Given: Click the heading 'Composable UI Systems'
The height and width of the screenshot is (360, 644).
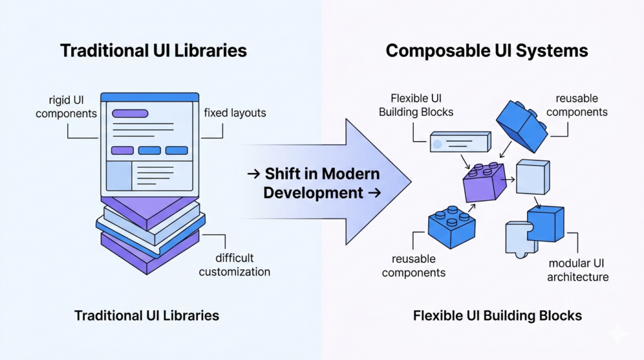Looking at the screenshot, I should click(x=487, y=50).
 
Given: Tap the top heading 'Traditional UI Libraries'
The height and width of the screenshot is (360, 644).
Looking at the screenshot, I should click(x=153, y=50).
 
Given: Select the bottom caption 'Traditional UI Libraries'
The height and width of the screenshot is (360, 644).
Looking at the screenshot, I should click(x=147, y=315).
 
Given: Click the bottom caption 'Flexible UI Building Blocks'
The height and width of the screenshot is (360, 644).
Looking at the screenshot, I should click(x=497, y=315).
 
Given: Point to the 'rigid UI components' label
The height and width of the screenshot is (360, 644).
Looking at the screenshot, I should click(x=66, y=106).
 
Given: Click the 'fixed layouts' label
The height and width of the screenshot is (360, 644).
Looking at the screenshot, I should click(x=235, y=113).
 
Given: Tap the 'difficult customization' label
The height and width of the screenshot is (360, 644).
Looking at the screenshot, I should click(x=235, y=265).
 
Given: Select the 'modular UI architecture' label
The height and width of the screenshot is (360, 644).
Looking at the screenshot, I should click(x=577, y=269).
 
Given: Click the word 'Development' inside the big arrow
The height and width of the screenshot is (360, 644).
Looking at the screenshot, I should click(x=313, y=193).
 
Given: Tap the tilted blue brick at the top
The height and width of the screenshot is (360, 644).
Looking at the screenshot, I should click(x=522, y=124).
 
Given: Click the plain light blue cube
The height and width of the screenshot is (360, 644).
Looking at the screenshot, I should click(x=533, y=176).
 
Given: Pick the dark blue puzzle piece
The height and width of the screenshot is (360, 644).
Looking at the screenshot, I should click(x=545, y=223).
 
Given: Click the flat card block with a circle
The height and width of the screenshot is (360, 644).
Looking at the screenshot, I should click(x=460, y=142).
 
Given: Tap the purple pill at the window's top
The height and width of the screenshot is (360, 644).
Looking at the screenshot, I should click(x=130, y=114).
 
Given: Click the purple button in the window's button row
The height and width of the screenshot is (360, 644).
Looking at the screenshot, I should click(x=122, y=150).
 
